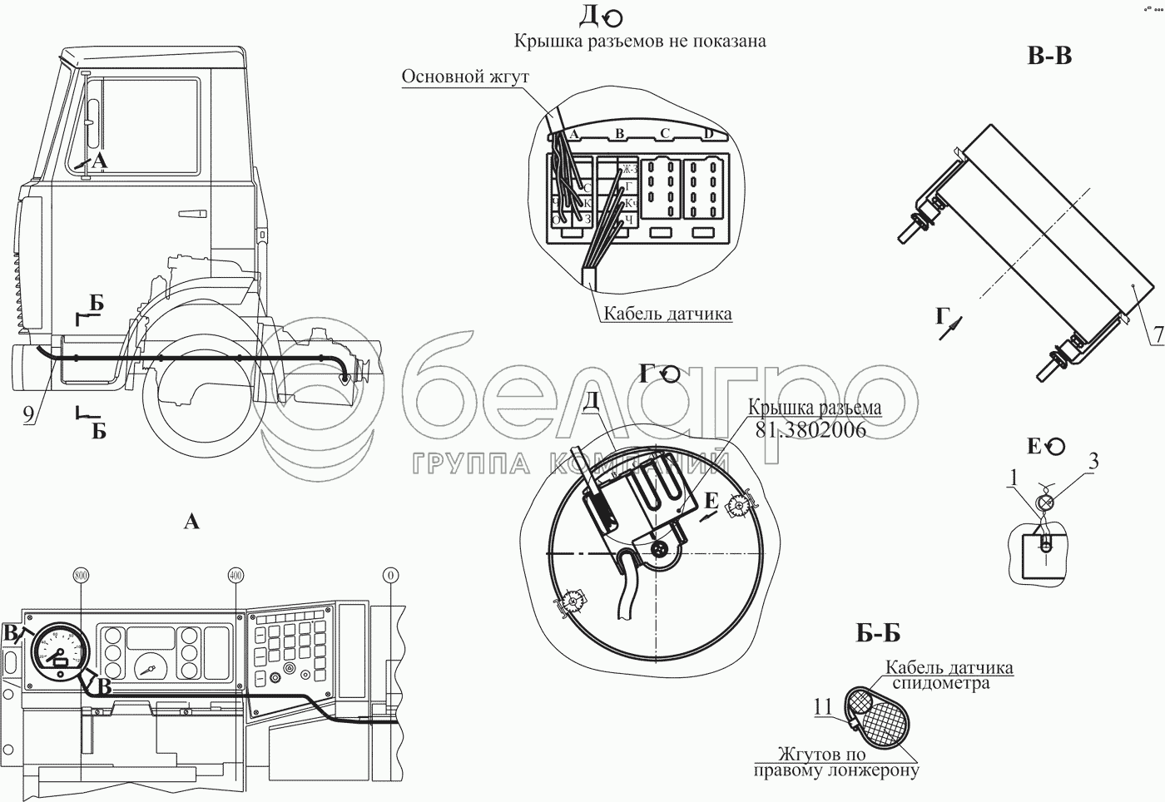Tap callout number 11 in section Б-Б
[x=823, y=707]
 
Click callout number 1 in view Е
[x=1013, y=477]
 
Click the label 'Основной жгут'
[x=465, y=77]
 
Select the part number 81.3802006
[x=811, y=430]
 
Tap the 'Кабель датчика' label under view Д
[x=667, y=314]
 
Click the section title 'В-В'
[x=1048, y=56]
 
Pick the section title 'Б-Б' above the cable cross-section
[x=878, y=634]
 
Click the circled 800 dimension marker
[x=81, y=575]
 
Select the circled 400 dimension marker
[x=235, y=575]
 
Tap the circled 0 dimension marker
[x=389, y=575]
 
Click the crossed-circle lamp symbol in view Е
[x=1047, y=502]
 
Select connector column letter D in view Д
[x=708, y=134]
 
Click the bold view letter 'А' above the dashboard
[x=191, y=522]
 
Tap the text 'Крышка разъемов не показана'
[x=639, y=41]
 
